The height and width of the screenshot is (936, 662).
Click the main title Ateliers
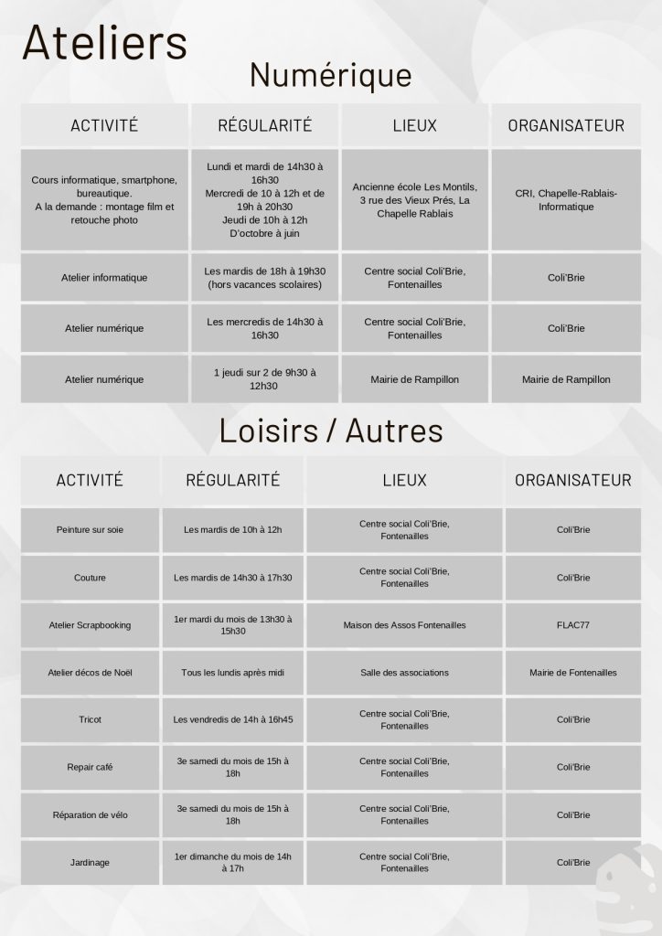(x=103, y=44)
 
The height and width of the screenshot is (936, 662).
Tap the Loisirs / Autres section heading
(x=330, y=430)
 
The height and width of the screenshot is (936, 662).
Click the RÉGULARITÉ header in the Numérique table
(x=264, y=125)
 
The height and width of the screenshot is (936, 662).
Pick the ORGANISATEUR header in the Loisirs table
(x=572, y=480)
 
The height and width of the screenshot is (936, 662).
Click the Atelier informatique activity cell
(x=104, y=277)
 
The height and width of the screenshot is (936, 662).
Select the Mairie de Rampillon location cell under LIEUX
(x=415, y=379)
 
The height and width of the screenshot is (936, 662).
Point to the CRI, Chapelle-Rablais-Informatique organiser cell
(x=566, y=200)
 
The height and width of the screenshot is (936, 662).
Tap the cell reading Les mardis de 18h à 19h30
(x=265, y=277)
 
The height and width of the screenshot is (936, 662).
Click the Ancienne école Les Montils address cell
(x=415, y=200)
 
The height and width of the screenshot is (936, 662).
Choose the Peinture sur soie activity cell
(x=90, y=529)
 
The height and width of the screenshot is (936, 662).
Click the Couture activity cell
(x=90, y=578)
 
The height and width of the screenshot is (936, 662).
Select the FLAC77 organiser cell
(x=572, y=625)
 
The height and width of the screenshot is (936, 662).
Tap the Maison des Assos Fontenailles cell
(x=404, y=625)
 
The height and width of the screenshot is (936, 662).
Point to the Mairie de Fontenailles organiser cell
(x=572, y=673)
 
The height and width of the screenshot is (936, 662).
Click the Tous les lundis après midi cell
(x=232, y=673)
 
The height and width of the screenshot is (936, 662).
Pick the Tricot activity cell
(x=90, y=719)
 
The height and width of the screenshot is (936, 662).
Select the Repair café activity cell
(x=90, y=767)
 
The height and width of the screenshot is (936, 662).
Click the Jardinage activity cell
(x=90, y=862)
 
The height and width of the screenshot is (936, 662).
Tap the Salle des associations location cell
(x=404, y=673)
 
